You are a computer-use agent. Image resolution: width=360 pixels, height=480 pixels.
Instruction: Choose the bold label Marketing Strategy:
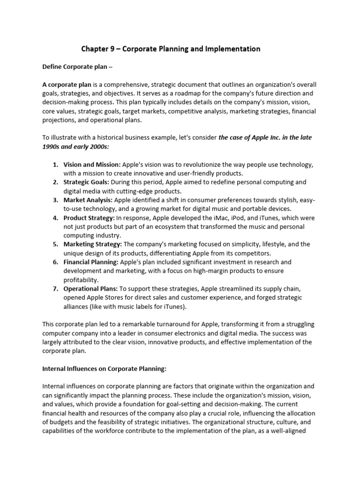(x=93, y=244)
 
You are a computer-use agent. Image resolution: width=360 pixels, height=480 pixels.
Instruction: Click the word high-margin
(x=206, y=271)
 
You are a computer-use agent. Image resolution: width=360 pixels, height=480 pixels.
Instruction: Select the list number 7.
(x=55, y=289)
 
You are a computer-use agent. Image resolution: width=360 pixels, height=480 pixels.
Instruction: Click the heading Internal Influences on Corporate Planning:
(x=104, y=369)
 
